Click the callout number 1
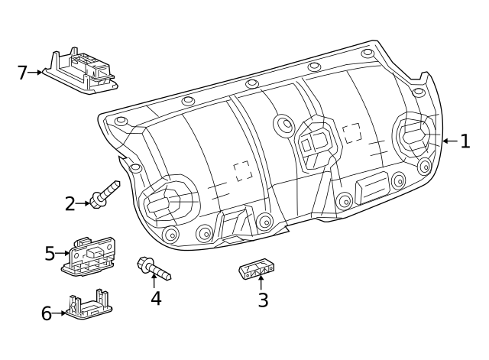coord(465,141)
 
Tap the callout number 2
coord(70,204)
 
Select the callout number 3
coord(263,300)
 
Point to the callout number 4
coord(156,298)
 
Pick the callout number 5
coord(50,253)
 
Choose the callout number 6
coord(47,313)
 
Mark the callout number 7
coord(22,73)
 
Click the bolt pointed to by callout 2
coord(105,194)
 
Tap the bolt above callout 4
coord(154,268)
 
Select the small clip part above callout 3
coord(257,268)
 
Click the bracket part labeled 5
coord(89,256)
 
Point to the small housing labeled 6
coord(89,304)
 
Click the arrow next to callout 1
coord(451,141)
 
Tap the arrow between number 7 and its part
coord(34,73)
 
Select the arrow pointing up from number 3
coord(261,283)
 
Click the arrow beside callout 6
coord(59,313)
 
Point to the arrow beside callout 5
coord(62,253)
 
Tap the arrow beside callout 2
coord(83,203)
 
